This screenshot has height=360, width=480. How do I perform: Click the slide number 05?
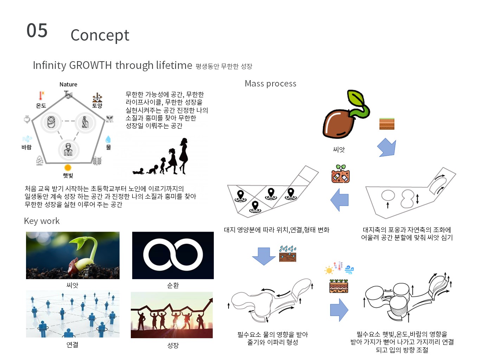[x=37, y=30]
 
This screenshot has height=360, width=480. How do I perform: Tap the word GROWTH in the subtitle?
[x=90, y=65]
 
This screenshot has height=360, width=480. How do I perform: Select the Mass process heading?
[x=270, y=84]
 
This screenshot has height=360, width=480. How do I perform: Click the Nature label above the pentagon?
[x=68, y=84]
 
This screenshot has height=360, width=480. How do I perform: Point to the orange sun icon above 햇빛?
[x=68, y=168]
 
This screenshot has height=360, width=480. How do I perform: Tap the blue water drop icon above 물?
[x=108, y=139]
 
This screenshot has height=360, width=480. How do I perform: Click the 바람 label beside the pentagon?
[x=26, y=147]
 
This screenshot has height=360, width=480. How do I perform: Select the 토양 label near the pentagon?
[x=97, y=105]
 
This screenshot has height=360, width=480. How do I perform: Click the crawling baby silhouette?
[x=138, y=171]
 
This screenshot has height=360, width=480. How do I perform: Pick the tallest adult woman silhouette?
[x=184, y=156]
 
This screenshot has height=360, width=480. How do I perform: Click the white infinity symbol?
[x=173, y=255]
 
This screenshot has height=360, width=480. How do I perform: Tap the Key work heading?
[x=42, y=221]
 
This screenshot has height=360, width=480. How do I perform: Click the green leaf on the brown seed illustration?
[x=356, y=98]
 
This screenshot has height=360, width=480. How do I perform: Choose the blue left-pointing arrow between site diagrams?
[x=339, y=200]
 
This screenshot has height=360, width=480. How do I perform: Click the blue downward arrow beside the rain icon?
[x=264, y=256]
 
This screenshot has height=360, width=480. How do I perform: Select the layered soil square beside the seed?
[x=386, y=124]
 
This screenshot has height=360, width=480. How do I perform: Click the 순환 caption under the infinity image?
[x=173, y=285]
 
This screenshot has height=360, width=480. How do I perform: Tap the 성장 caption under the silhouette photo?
[x=173, y=345]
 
